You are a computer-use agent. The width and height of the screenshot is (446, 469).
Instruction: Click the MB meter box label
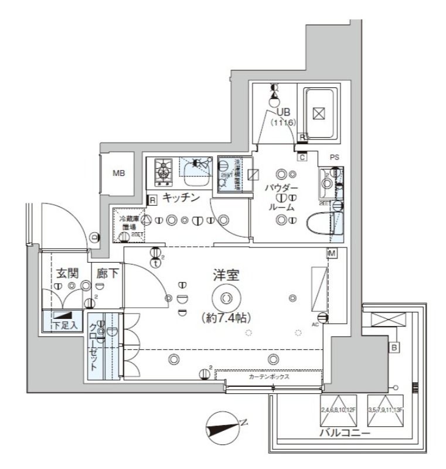pyautogui.click(x=118, y=174)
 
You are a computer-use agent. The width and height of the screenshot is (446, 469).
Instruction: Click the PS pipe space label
pyautogui.click(x=335, y=157)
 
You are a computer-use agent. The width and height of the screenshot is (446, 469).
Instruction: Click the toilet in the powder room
pyautogui.click(x=321, y=223)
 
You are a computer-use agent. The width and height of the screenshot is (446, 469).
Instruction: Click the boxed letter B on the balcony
pyautogui.click(x=395, y=347)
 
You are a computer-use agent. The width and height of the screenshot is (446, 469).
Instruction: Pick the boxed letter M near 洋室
pyautogui.click(x=332, y=253)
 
